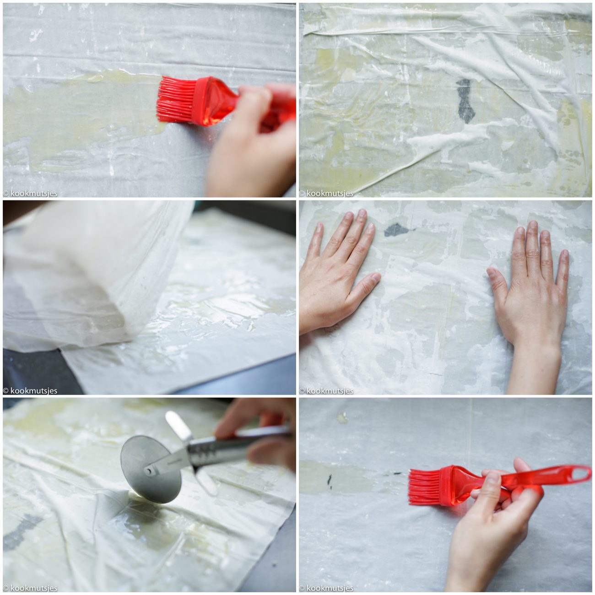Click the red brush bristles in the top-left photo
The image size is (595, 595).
[x=176, y=99]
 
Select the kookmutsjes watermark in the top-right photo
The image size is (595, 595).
[x=326, y=193]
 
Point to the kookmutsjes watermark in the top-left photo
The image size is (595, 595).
[x=30, y=193]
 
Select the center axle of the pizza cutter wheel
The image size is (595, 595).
[x=150, y=471]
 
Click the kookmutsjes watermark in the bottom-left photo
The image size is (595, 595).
[x=30, y=588]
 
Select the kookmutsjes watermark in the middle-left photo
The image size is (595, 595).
[x=30, y=390]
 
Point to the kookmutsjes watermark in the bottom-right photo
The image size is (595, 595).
[x=326, y=588]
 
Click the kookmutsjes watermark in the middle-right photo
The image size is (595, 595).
[x=326, y=390]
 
